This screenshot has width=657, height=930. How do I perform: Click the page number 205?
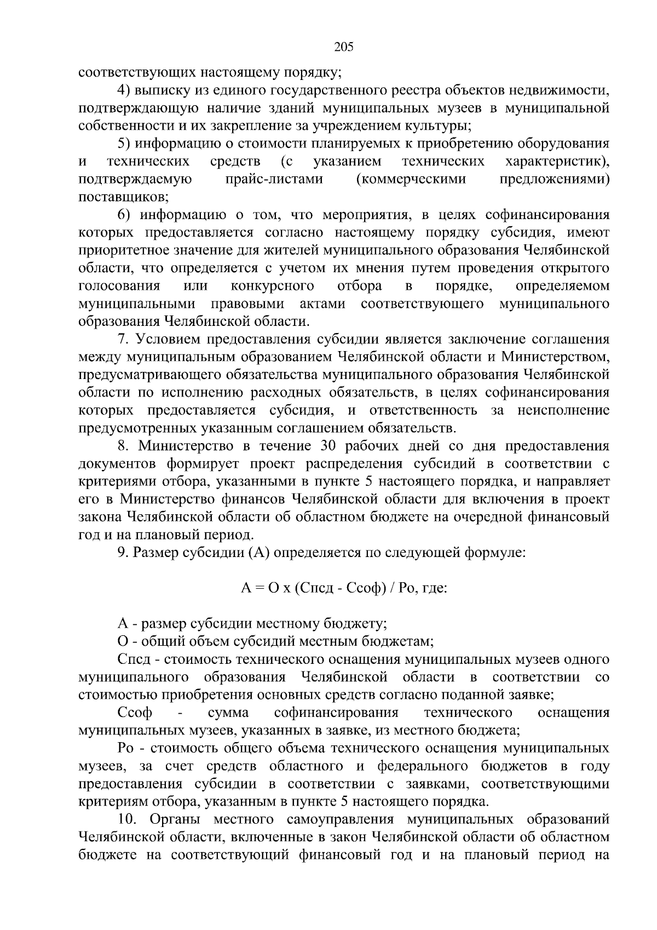click(344, 47)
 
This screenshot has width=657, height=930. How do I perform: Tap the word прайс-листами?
click(274, 179)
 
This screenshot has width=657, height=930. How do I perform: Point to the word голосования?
click(119, 286)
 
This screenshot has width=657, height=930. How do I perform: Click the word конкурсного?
click(272, 286)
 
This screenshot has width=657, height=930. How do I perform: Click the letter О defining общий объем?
click(123, 641)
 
